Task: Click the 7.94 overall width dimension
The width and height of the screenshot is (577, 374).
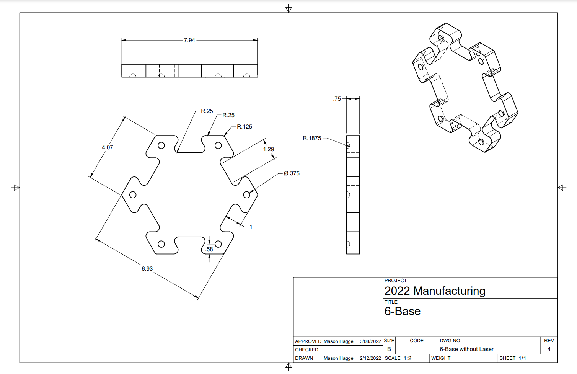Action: (x=189, y=40)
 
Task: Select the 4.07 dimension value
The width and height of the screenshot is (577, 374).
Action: (x=107, y=147)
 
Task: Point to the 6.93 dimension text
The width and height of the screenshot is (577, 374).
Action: (x=147, y=269)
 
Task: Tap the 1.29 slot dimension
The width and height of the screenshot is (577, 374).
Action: (x=269, y=149)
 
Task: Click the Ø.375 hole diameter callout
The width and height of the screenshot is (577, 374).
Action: (x=292, y=173)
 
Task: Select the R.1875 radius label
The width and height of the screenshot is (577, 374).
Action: (x=312, y=138)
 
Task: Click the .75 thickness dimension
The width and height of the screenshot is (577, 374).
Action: (x=337, y=99)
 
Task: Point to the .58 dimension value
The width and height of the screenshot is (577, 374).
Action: (x=209, y=249)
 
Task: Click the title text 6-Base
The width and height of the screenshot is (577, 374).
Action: (x=402, y=311)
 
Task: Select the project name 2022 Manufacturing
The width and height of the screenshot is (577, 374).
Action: (x=435, y=291)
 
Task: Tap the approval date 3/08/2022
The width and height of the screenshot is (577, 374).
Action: (x=370, y=341)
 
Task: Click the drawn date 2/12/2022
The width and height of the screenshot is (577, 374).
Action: (x=370, y=358)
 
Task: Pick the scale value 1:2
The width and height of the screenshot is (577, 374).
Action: (x=407, y=358)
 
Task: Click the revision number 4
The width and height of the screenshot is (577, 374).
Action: (x=549, y=349)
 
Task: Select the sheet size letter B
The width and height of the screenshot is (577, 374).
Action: (x=389, y=349)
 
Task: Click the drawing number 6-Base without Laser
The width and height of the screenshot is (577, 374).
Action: (x=466, y=349)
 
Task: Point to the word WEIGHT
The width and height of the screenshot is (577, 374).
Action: (x=441, y=358)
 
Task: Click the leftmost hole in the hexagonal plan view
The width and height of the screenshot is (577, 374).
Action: (x=133, y=195)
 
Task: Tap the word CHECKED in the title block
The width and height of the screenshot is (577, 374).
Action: (x=306, y=350)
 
